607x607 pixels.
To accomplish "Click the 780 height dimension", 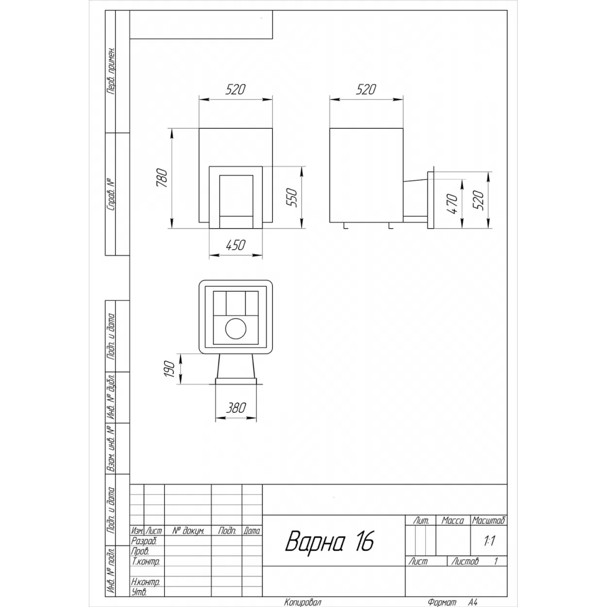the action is click(162, 178).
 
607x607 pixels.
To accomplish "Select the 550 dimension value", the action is click(292, 197).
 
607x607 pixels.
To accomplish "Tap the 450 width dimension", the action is click(236, 245).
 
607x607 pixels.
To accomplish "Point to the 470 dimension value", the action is click(452, 204).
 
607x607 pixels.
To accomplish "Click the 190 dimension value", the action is click(169, 369).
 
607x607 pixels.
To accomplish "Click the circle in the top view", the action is click(236, 329).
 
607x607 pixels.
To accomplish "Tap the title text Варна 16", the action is click(330, 541).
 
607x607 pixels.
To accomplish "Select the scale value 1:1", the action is click(489, 541).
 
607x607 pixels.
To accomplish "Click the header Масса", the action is click(453, 521).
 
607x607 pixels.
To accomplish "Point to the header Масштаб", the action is click(489, 521).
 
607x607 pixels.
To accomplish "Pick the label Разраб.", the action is click(144, 541).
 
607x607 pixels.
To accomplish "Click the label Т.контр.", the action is click(146, 561).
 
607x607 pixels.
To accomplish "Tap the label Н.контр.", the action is click(146, 582).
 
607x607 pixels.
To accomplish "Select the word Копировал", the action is click(303, 603).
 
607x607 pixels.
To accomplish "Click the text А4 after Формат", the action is click(472, 603).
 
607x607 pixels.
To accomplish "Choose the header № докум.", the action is click(188, 531).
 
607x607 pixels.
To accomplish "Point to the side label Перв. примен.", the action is click(111, 71).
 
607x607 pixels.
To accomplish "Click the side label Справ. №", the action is click(111, 195).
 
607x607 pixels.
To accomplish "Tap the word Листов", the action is click(465, 561).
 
